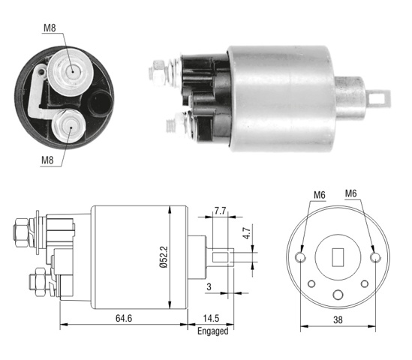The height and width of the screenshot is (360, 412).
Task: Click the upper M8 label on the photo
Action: tap(50, 28)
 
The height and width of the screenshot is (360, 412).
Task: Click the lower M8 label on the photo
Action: tap(47, 160)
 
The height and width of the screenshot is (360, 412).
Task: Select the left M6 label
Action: tap(319, 195)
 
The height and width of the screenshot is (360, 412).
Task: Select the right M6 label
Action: tap(350, 193)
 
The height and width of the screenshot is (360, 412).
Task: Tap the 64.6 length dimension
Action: tap(124, 318)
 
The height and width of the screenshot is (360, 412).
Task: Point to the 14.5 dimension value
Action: tap(211, 318)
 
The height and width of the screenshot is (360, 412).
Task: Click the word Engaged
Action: tap(213, 331)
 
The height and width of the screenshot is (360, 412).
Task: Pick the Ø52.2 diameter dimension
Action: tap(164, 256)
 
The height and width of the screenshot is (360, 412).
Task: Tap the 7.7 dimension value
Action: tap(220, 211)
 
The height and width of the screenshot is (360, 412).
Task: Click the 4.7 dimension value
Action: tap(247, 233)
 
